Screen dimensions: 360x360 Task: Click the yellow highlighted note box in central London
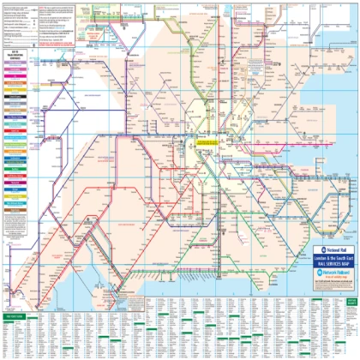(x=211, y=138)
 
